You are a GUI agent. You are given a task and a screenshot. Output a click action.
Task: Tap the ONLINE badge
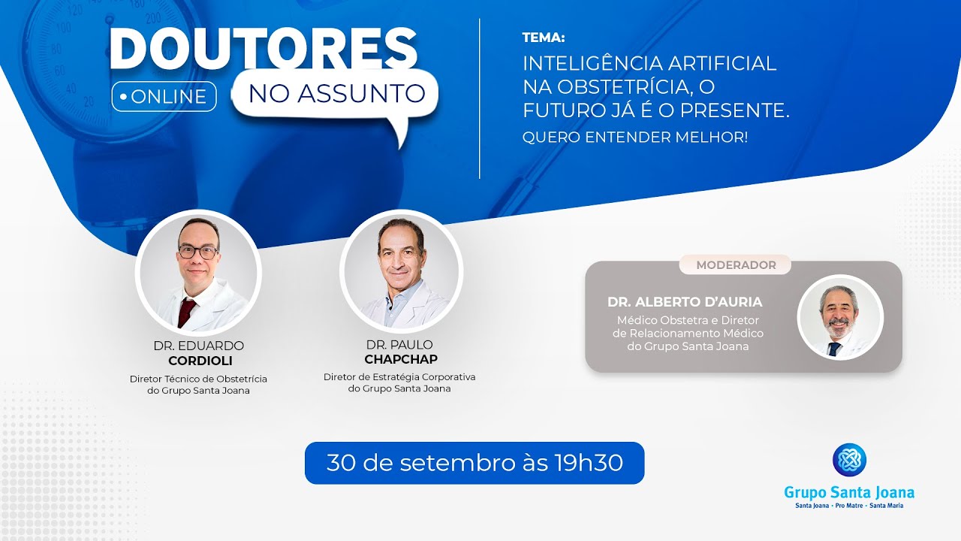click(x=164, y=97)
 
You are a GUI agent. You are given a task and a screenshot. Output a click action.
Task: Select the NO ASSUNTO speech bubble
click(x=336, y=94)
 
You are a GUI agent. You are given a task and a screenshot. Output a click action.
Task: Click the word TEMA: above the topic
click(x=544, y=38)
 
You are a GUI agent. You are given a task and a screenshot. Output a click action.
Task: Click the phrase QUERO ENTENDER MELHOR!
click(x=635, y=138)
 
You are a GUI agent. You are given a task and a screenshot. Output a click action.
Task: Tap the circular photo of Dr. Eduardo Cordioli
click(x=198, y=274)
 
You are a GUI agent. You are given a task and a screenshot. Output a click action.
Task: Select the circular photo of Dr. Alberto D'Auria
click(x=839, y=316)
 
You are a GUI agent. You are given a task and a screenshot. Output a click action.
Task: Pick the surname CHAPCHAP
click(x=400, y=359)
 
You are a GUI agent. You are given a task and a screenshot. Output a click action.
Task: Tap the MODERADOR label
click(x=736, y=265)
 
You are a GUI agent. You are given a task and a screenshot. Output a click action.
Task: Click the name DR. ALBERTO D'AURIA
click(x=685, y=302)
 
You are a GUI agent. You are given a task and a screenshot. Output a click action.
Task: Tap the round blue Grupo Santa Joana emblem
click(x=849, y=460)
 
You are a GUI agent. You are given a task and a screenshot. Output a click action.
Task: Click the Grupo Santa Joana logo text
click(x=849, y=493)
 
